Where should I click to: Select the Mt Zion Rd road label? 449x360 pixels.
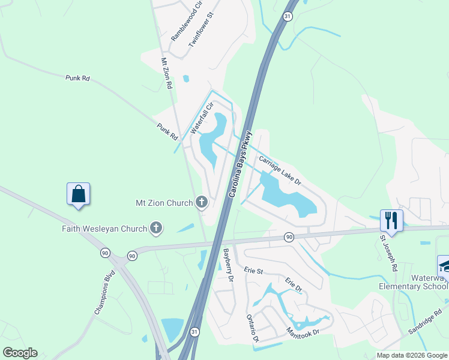[166, 73]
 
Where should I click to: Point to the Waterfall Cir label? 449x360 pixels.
[202, 117]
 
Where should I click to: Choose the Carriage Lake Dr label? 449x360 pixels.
[280, 170]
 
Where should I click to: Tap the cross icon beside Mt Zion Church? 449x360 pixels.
[202, 203]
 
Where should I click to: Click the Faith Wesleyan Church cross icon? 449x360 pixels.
[156, 228]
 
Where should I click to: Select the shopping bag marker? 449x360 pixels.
[78, 194]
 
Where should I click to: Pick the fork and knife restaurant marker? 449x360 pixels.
[391, 220]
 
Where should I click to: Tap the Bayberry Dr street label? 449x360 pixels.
[228, 265]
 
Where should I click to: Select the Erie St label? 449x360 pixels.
[254, 271]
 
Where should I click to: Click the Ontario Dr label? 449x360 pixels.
[252, 328]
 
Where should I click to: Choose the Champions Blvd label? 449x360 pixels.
[104, 295]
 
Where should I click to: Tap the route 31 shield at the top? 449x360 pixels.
[288, 17]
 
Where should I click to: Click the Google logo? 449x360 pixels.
[20, 352]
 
